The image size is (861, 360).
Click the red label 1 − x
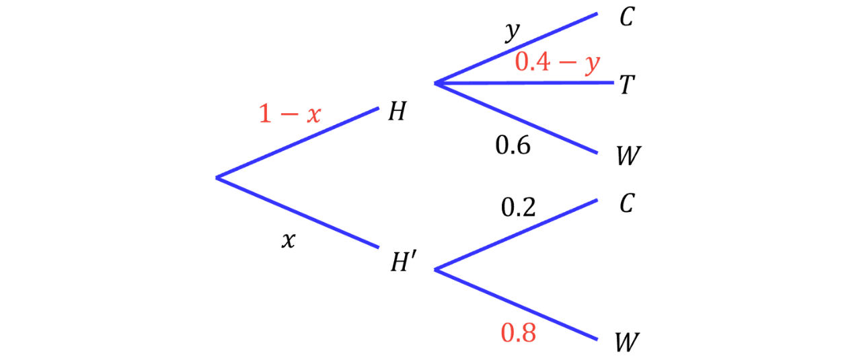point(290,113)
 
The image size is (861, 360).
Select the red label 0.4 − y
point(557,63)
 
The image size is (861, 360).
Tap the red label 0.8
point(518,333)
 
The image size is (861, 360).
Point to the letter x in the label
point(313,114)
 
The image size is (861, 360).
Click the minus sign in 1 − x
point(289,114)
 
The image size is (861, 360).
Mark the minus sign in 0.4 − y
point(568,63)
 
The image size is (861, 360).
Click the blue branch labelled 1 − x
point(298,142)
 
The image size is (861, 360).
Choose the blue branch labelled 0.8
point(516,304)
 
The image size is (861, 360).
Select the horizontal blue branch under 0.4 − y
point(525,83)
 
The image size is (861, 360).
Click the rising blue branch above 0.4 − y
point(516,48)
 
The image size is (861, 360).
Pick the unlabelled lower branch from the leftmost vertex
point(298,213)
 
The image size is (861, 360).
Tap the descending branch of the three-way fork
point(516,118)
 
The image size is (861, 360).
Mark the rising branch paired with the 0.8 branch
point(516,233)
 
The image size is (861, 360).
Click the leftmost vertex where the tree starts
point(217,177)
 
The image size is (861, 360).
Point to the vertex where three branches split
point(435,83)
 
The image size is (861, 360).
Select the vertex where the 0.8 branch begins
point(435,269)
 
